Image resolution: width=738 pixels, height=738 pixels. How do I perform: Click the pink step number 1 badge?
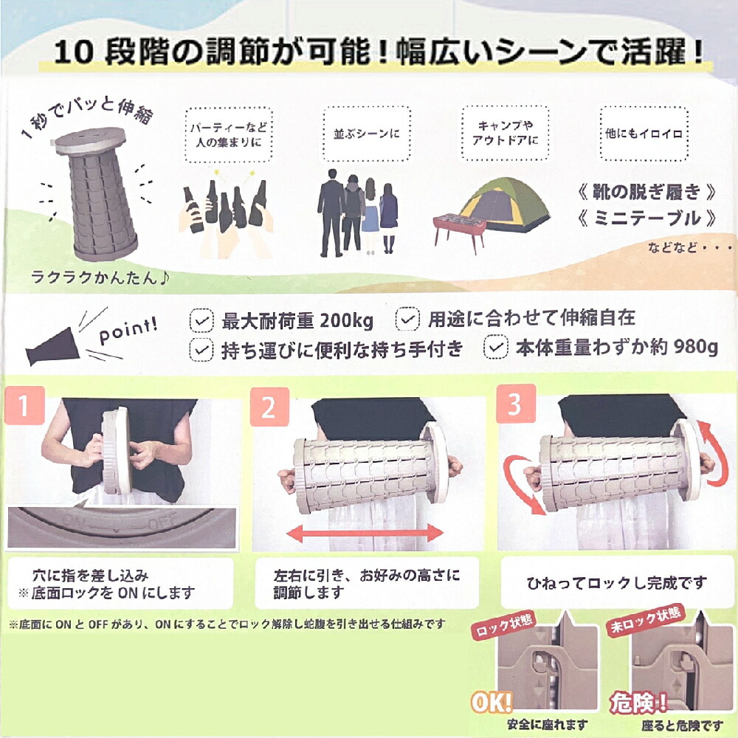coord(24,405)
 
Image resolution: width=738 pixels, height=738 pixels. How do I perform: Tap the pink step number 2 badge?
coord(269,407)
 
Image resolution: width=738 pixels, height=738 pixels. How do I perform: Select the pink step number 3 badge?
coord(516,404)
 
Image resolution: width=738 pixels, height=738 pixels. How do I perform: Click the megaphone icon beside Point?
coord(52,346)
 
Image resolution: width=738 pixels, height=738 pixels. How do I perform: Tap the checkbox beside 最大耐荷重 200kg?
coord(201,320)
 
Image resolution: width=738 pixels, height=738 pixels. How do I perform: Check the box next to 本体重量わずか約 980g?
coord(496,347)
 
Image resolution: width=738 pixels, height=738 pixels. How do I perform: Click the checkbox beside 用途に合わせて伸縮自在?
coord(407,319)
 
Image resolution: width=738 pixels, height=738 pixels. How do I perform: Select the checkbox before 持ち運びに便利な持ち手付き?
coord(201,350)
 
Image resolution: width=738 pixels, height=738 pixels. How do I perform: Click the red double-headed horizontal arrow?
coord(365,533)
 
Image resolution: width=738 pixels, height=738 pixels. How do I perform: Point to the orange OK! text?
coord(491,703)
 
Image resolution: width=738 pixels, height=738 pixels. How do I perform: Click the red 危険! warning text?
coord(638,703)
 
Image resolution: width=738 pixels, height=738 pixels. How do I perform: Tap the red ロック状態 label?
coord(503,625)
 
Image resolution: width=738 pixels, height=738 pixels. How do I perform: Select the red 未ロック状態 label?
coord(645,621)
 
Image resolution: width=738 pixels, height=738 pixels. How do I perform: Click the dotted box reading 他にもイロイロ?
coord(644,134)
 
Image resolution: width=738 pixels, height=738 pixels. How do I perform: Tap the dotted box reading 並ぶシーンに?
coord(367,134)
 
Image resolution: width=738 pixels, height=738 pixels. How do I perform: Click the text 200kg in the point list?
coord(346,321)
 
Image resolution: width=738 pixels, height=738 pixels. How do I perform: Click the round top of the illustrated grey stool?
coord(90,139)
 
